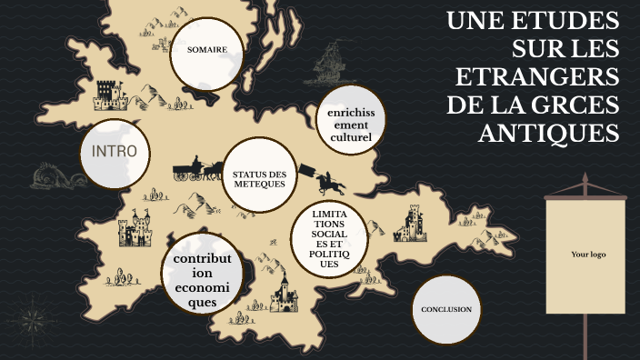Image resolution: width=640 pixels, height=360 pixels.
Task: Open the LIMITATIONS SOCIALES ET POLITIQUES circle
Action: (x=329, y=238)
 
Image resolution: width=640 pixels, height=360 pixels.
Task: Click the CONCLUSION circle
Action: (x=445, y=310)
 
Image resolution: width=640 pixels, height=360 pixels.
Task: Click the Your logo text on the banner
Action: (x=587, y=255)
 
